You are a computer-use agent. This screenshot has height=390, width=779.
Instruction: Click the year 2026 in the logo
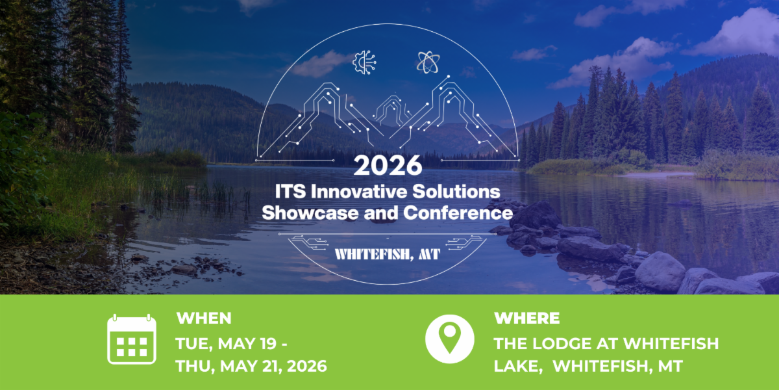388,165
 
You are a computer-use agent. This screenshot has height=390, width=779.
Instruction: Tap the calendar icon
132,339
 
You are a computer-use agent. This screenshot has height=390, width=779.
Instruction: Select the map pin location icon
450,339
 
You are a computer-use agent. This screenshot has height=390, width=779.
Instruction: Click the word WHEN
204,318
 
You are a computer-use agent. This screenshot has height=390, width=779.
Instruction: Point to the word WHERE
527,318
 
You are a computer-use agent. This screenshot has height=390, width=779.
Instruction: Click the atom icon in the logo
428,62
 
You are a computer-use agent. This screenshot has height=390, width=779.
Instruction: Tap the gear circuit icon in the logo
364,62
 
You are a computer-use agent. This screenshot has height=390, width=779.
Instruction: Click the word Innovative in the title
359,192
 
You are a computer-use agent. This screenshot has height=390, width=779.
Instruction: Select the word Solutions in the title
456,192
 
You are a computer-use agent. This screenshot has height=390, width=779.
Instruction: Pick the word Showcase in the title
310,213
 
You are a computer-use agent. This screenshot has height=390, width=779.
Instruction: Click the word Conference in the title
458,213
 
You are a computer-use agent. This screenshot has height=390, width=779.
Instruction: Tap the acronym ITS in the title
290,192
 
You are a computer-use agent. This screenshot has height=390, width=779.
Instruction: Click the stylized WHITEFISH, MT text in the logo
388,255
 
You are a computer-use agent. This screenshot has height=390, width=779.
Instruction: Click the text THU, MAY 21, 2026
251,366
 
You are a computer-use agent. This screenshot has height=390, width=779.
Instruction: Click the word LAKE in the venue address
518,367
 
